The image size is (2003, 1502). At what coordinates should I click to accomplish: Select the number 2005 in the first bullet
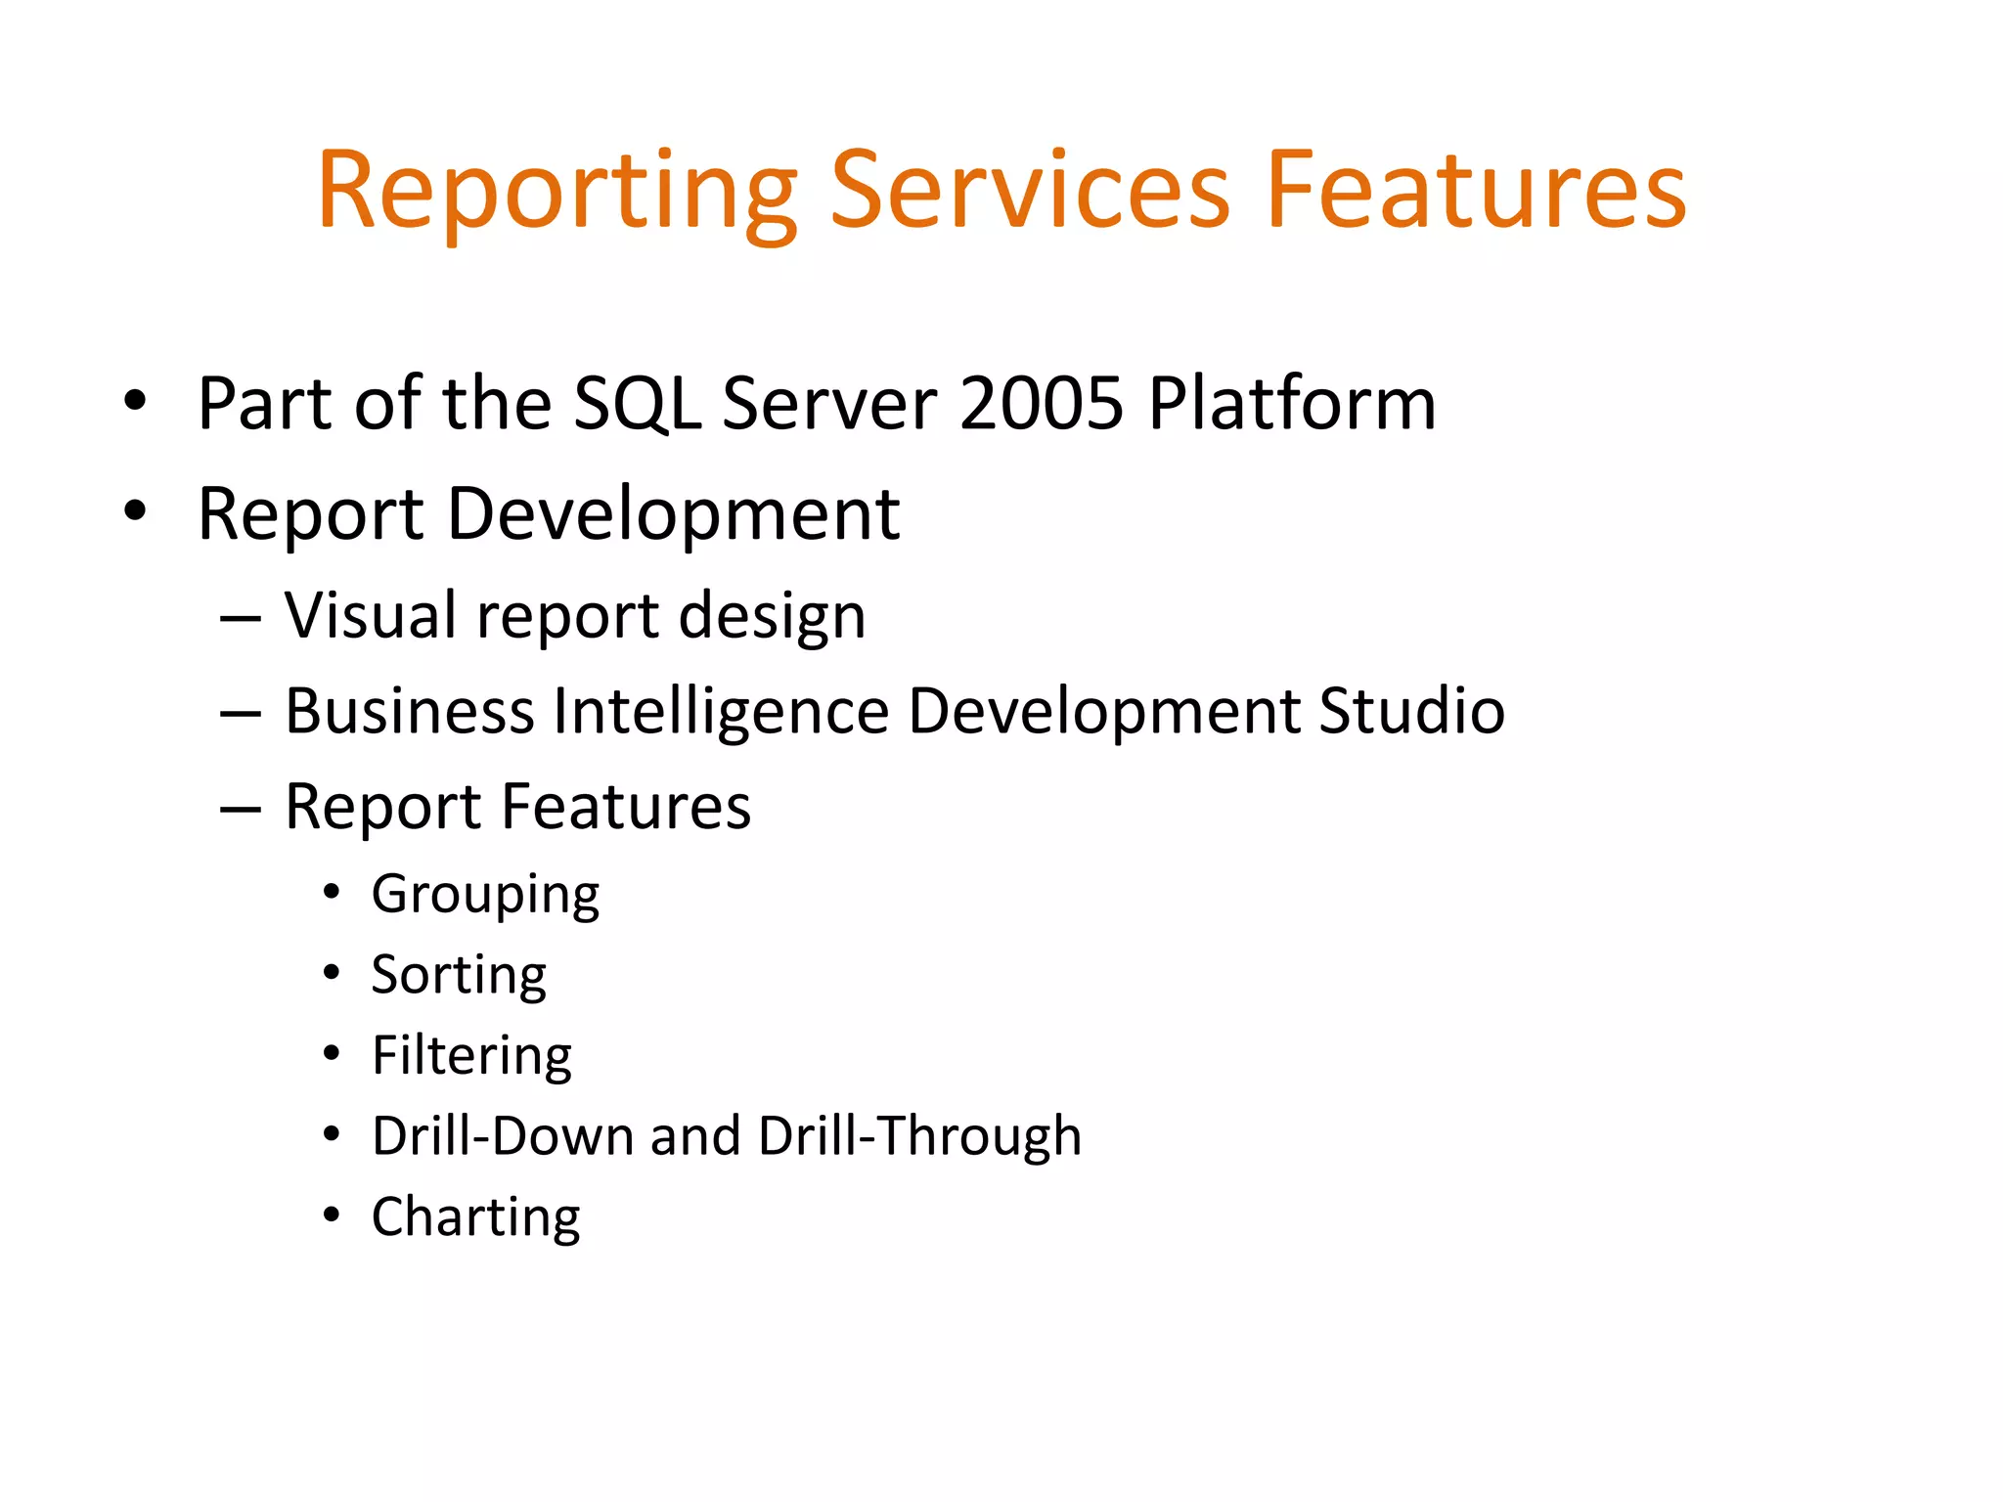(1041, 403)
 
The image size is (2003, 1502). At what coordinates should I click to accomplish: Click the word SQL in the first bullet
(636, 403)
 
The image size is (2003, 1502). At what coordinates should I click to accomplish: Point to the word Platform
(1291, 403)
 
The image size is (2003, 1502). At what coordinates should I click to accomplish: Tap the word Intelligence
(721, 711)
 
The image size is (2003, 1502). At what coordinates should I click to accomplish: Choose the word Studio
(1411, 711)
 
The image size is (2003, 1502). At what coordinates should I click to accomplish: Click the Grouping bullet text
(485, 894)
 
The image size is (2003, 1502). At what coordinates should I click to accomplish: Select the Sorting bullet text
(459, 975)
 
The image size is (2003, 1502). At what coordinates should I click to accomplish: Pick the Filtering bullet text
(471, 1056)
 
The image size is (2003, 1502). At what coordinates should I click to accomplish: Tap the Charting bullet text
(475, 1217)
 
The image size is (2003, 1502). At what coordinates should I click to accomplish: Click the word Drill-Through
(919, 1136)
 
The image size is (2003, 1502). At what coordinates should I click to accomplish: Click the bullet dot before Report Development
(135, 510)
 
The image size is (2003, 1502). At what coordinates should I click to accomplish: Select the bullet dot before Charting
(332, 1215)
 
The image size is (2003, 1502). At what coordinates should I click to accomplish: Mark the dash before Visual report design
(241, 620)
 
